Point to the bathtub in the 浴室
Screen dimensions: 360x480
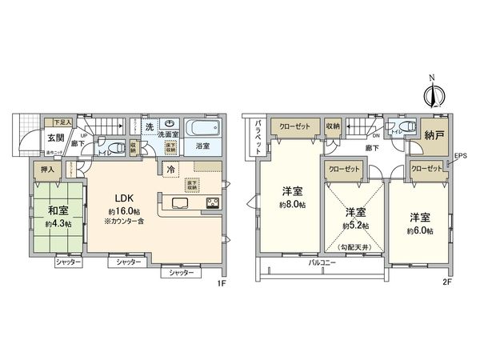200,129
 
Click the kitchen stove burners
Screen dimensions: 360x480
214,202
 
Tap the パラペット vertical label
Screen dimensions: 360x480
259,136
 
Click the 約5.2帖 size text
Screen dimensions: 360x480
355,227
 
